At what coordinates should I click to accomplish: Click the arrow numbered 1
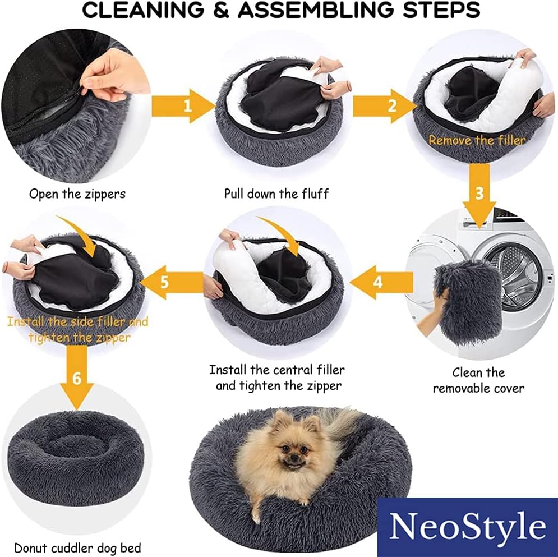[x=183, y=106]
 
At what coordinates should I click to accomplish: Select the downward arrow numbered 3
[x=479, y=195]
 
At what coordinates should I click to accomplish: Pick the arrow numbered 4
[x=381, y=282]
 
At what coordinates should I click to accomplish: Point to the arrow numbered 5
[x=172, y=282]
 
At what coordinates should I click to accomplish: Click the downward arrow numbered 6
[x=77, y=378]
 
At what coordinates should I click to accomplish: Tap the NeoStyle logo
[x=467, y=527]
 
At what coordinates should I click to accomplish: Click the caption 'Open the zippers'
[x=77, y=194]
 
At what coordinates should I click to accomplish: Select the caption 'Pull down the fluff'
[x=276, y=194]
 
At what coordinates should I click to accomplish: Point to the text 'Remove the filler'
[x=477, y=140]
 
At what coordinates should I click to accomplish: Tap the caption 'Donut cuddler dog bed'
[x=77, y=548]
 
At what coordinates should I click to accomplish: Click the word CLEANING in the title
[x=144, y=10]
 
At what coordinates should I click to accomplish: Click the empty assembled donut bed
[x=76, y=458]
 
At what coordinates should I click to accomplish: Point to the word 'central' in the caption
[x=287, y=370]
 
